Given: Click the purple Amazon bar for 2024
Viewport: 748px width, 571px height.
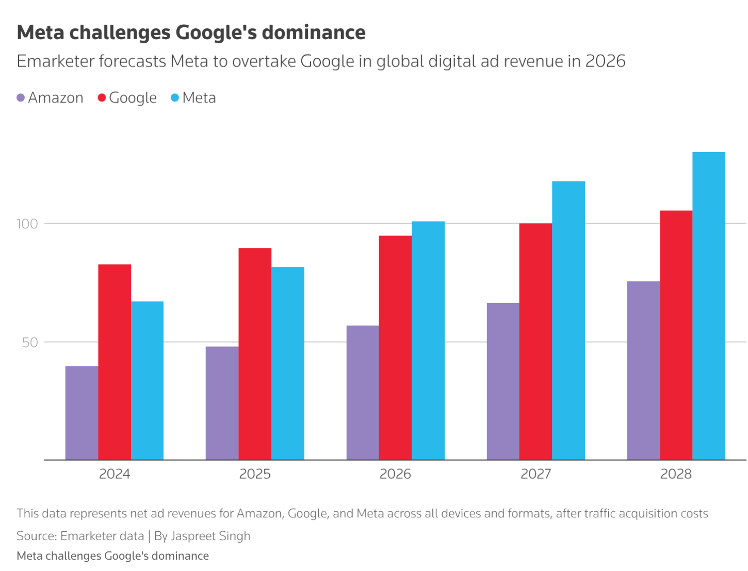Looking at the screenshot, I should coord(82,412).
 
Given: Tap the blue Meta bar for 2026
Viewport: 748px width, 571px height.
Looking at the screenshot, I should coord(428,340).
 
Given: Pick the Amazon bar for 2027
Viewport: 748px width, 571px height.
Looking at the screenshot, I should coord(503,381).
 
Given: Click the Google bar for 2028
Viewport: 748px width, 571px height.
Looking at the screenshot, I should coord(676,335).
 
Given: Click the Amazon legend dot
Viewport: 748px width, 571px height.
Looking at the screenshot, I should coord(21,98).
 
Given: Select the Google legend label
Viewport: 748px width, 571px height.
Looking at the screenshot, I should coord(133,98).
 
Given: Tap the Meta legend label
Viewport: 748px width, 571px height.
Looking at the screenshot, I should coord(199,98).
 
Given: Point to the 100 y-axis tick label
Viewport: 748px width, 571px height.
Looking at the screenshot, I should coord(27,224).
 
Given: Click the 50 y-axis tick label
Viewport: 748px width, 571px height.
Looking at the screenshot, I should coord(30,342).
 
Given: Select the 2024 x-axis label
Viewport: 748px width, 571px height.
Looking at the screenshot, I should coord(115,474).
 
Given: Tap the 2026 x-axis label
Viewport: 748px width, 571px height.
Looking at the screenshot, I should coord(395,474).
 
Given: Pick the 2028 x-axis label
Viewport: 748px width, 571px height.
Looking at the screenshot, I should coord(676,474).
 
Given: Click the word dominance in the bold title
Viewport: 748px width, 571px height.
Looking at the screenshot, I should coord(314,32).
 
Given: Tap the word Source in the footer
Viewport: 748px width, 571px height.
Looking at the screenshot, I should coord(36,536).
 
